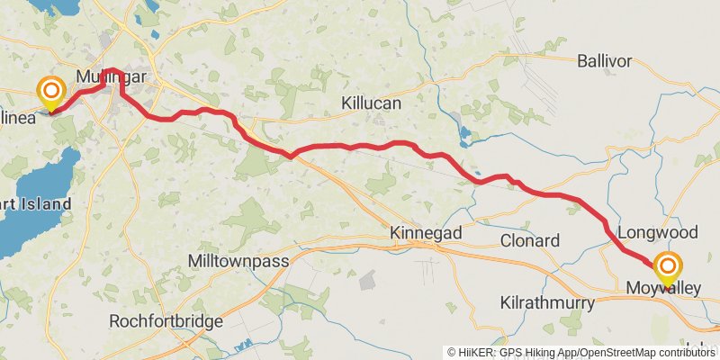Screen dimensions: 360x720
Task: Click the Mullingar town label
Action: click(x=112, y=77)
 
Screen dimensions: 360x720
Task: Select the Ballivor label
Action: click(x=604, y=61)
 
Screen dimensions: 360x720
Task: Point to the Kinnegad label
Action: click(x=426, y=233)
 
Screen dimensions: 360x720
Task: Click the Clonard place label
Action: click(x=530, y=240)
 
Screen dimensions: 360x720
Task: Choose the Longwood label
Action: click(x=658, y=232)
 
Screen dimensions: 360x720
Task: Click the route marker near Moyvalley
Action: click(x=667, y=267)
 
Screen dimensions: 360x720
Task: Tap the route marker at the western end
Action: click(x=50, y=91)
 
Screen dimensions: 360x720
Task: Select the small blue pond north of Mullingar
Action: click(x=156, y=37)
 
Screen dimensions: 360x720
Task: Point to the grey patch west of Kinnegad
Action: click(x=367, y=281)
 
